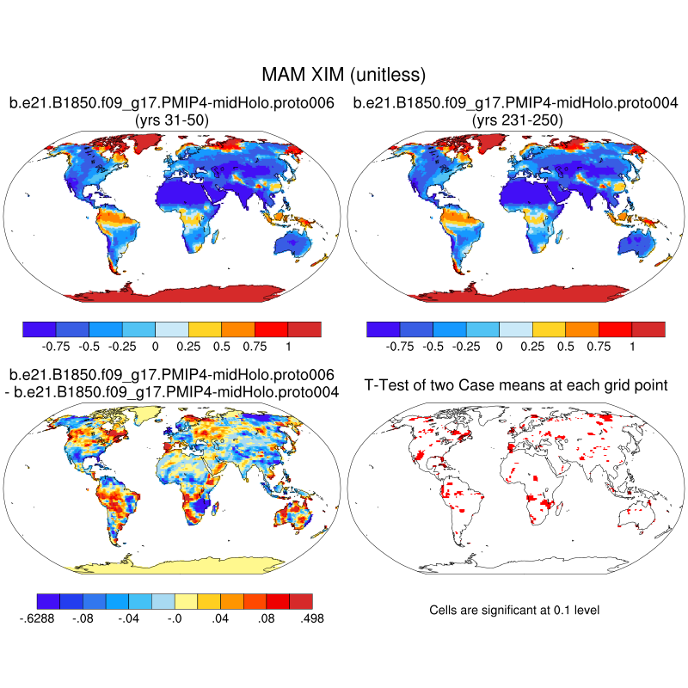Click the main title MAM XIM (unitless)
[343, 75]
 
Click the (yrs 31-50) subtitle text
[171, 120]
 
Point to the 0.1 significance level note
[513, 610]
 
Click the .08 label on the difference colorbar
[267, 617]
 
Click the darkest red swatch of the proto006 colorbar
[304, 329]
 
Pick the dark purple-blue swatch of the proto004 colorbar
[383, 329]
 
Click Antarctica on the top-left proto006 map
[171, 293]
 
